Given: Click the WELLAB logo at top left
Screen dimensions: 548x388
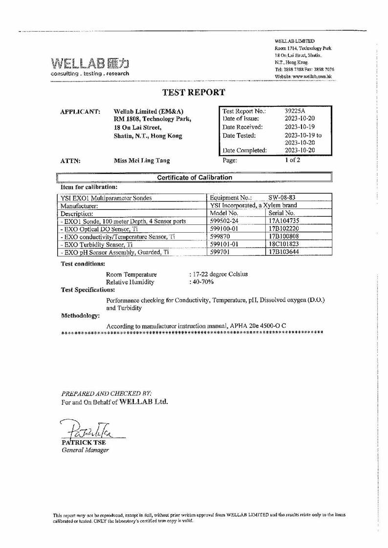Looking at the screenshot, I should (x=90, y=64).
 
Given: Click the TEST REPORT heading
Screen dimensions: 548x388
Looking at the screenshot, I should (x=194, y=92).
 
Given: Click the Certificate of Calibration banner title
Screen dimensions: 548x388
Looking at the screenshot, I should (x=194, y=178).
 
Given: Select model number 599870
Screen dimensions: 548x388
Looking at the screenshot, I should (x=219, y=237).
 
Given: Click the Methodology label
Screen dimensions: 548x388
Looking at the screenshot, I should (x=80, y=316).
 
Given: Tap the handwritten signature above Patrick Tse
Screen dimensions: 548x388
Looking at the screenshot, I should (x=89, y=429).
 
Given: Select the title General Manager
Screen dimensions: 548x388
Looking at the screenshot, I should (x=85, y=450).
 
